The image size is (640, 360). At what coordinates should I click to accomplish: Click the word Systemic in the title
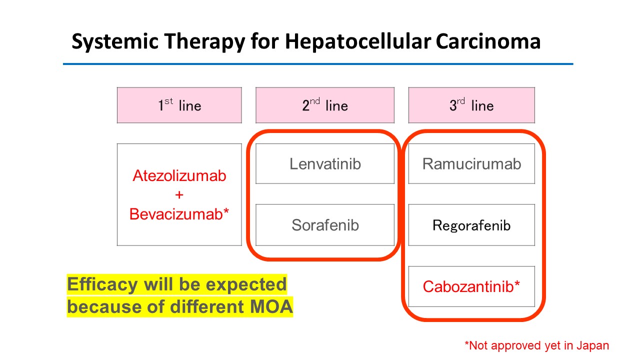tap(115, 41)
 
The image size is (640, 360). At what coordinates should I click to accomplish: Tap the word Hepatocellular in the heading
tap(358, 41)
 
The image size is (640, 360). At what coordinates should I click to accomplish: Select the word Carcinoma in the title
tap(488, 41)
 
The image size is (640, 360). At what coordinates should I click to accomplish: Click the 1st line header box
tap(179, 105)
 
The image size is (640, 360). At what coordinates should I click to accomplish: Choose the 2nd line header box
tap(325, 105)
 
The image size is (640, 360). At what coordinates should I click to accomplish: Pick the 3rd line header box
tap(471, 105)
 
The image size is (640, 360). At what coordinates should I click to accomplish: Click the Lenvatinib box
tap(325, 163)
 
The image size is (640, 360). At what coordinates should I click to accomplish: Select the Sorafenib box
tap(325, 225)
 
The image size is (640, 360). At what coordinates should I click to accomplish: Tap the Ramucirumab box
tap(471, 163)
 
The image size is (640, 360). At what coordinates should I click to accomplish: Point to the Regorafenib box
tap(471, 225)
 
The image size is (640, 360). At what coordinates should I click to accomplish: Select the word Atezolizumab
tap(179, 175)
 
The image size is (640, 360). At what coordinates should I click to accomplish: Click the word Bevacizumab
tap(176, 214)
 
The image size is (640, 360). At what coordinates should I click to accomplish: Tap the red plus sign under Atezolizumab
tap(179, 195)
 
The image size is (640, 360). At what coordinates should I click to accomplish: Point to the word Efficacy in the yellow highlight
tap(102, 285)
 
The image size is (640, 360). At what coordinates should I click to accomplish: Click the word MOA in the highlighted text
tap(271, 306)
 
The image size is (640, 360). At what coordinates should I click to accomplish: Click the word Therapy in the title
tap(204, 41)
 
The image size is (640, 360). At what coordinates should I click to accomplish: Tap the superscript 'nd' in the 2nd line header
tap(315, 101)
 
